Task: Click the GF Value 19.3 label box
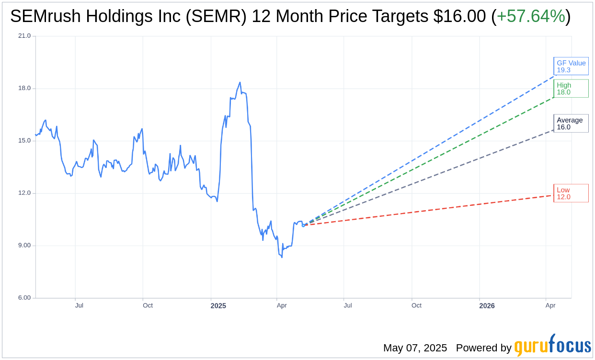pos(571,66)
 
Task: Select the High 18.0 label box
pos(571,89)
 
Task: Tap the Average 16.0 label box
pos(571,124)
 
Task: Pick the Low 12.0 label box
pos(571,193)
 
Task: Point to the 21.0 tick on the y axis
pos(24,36)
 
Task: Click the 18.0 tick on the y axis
pos(24,88)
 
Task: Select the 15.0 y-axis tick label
pos(24,141)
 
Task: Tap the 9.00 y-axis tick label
pos(24,246)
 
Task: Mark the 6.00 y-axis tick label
pos(24,298)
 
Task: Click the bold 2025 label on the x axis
pos(218,305)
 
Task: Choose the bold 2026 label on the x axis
pos(487,305)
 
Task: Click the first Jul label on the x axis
pos(79,305)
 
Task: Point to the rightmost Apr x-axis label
pos(550,305)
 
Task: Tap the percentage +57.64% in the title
pos(531,16)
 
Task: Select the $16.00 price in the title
pos(459,16)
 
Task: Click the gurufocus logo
pos(552,346)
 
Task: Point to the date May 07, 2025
pos(415,348)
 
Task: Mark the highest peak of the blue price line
pos(240,82)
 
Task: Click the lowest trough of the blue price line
pos(282,258)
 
